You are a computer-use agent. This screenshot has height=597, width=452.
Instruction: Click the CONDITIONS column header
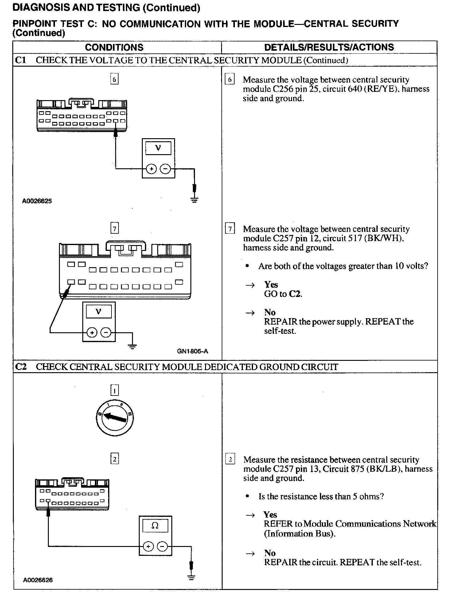[114, 47]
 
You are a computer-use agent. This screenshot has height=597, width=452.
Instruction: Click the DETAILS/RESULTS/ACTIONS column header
[329, 47]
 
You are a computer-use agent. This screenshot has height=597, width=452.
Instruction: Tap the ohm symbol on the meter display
[155, 525]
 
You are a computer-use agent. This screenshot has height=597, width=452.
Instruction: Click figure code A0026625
[37, 201]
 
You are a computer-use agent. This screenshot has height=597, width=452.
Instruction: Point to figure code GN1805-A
[193, 351]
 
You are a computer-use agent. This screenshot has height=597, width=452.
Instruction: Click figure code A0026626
[38, 580]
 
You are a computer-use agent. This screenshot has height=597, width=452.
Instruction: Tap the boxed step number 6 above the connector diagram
[114, 79]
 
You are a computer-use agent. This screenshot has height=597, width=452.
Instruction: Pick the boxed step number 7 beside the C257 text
[230, 229]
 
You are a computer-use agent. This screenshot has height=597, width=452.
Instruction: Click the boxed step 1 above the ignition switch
[114, 391]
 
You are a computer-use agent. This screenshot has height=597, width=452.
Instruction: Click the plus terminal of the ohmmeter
[148, 546]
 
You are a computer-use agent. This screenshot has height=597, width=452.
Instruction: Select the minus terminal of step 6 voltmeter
[166, 169]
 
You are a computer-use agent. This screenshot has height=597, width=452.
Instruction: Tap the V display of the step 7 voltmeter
[99, 312]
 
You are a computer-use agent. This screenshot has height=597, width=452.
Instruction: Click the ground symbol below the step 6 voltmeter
[194, 200]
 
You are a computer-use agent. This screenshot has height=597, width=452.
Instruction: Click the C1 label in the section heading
[21, 60]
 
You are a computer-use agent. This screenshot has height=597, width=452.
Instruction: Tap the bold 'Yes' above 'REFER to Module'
[270, 514]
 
